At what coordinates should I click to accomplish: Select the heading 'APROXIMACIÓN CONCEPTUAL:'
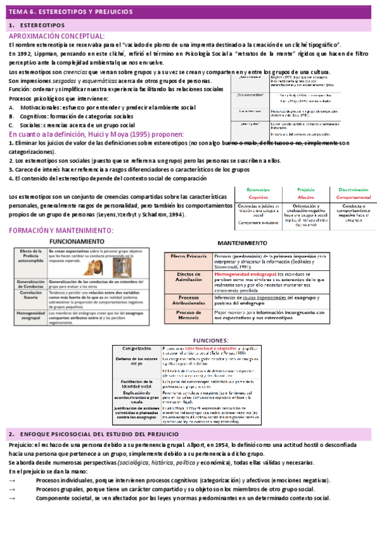point(57,36)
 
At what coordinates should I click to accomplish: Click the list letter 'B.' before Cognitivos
point(12,116)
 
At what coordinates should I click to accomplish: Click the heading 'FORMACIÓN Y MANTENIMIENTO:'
point(61,231)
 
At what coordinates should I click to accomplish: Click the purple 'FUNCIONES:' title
point(210,340)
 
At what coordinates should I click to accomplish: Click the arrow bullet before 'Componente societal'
point(12,498)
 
